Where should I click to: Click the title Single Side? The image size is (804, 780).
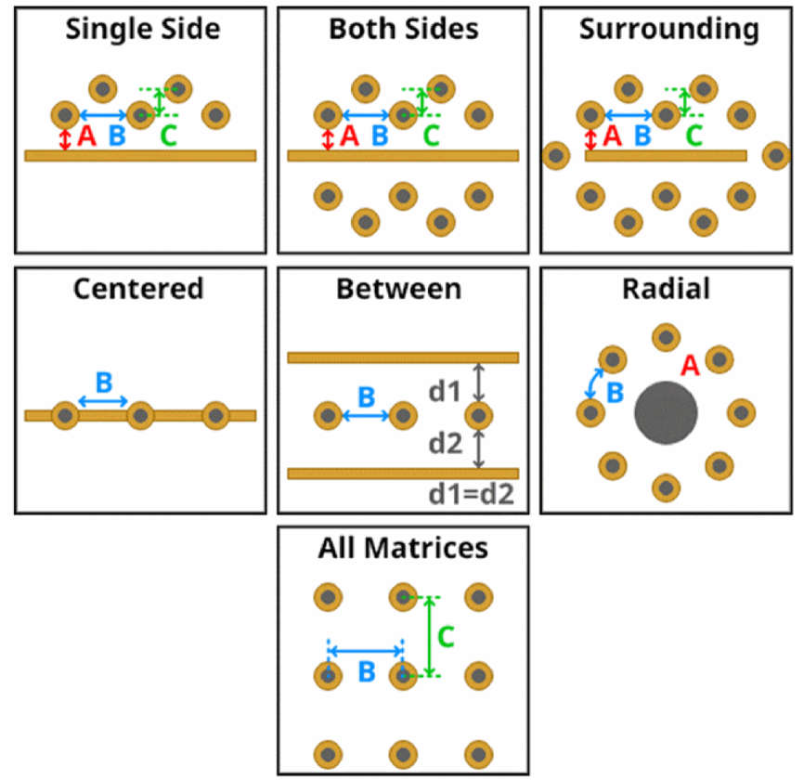pyautogui.click(x=143, y=29)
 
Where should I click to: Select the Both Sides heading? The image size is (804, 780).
pyautogui.click(x=404, y=29)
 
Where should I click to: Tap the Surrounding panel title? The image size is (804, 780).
pyautogui.click(x=669, y=30)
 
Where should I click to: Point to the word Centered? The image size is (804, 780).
pyautogui.click(x=138, y=289)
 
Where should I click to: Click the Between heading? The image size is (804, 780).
pyautogui.click(x=399, y=289)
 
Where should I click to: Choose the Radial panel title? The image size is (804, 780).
pyautogui.click(x=666, y=289)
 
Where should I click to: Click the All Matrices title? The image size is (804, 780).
pyautogui.click(x=403, y=548)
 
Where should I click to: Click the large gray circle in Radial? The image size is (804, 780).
pyautogui.click(x=666, y=413)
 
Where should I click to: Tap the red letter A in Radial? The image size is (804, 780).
pyautogui.click(x=690, y=366)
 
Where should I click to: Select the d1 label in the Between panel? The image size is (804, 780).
pyautogui.click(x=444, y=392)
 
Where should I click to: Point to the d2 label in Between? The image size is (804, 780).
pyautogui.click(x=445, y=444)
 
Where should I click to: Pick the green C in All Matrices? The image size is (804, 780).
pyautogui.click(x=446, y=637)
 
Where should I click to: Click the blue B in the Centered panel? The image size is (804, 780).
pyautogui.click(x=104, y=383)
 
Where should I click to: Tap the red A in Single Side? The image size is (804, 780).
pyautogui.click(x=86, y=136)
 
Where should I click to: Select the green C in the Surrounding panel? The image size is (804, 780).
pyautogui.click(x=694, y=136)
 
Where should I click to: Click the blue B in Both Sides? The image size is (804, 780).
pyautogui.click(x=380, y=136)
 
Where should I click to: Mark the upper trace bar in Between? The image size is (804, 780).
pyautogui.click(x=403, y=357)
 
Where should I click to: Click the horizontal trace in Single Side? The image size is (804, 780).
pyautogui.click(x=140, y=156)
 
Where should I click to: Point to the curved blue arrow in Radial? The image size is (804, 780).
pyautogui.click(x=594, y=383)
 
